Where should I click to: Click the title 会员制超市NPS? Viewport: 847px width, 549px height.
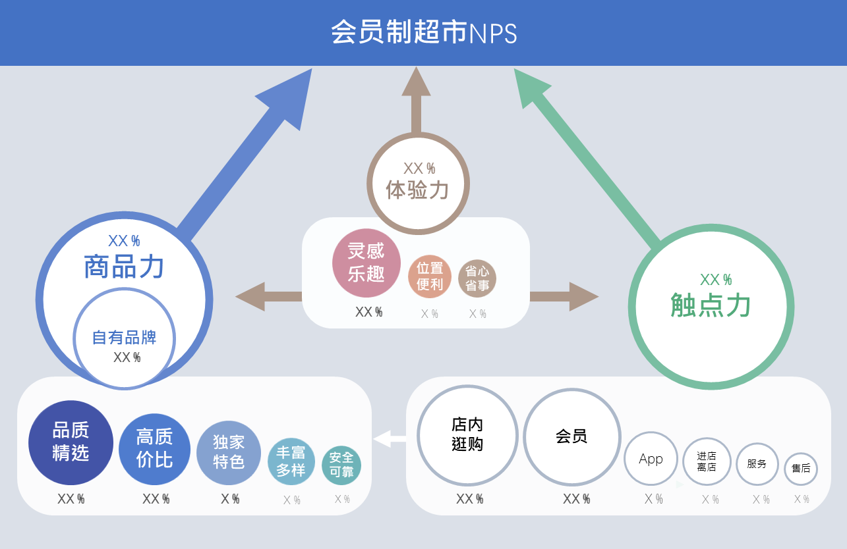pyautogui.click(x=423, y=32)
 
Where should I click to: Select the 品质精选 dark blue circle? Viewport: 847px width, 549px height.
pyautogui.click(x=71, y=442)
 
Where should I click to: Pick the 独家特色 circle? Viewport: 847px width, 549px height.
pyautogui.click(x=229, y=453)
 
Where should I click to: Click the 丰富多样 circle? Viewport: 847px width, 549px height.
pyautogui.click(x=291, y=461)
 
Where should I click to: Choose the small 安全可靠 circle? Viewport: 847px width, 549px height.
pyautogui.click(x=341, y=465)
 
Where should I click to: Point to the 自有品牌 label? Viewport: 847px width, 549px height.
pyautogui.click(x=124, y=338)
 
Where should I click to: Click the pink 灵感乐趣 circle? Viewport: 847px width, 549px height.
pyautogui.click(x=366, y=263)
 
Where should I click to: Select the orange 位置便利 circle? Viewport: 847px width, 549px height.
pyautogui.click(x=430, y=276)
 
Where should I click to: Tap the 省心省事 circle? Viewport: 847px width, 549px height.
pyautogui.click(x=477, y=278)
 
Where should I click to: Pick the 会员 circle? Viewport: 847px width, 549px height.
pyautogui.click(x=571, y=436)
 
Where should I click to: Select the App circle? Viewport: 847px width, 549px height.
pyautogui.click(x=651, y=459)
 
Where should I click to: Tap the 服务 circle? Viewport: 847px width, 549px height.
pyautogui.click(x=757, y=464)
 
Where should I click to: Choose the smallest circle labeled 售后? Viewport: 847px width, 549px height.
pyautogui.click(x=801, y=469)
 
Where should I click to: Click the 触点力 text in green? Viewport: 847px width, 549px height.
pyautogui.click(x=711, y=305)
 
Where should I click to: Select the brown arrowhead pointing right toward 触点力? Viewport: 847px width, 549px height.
pyautogui.click(x=583, y=297)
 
